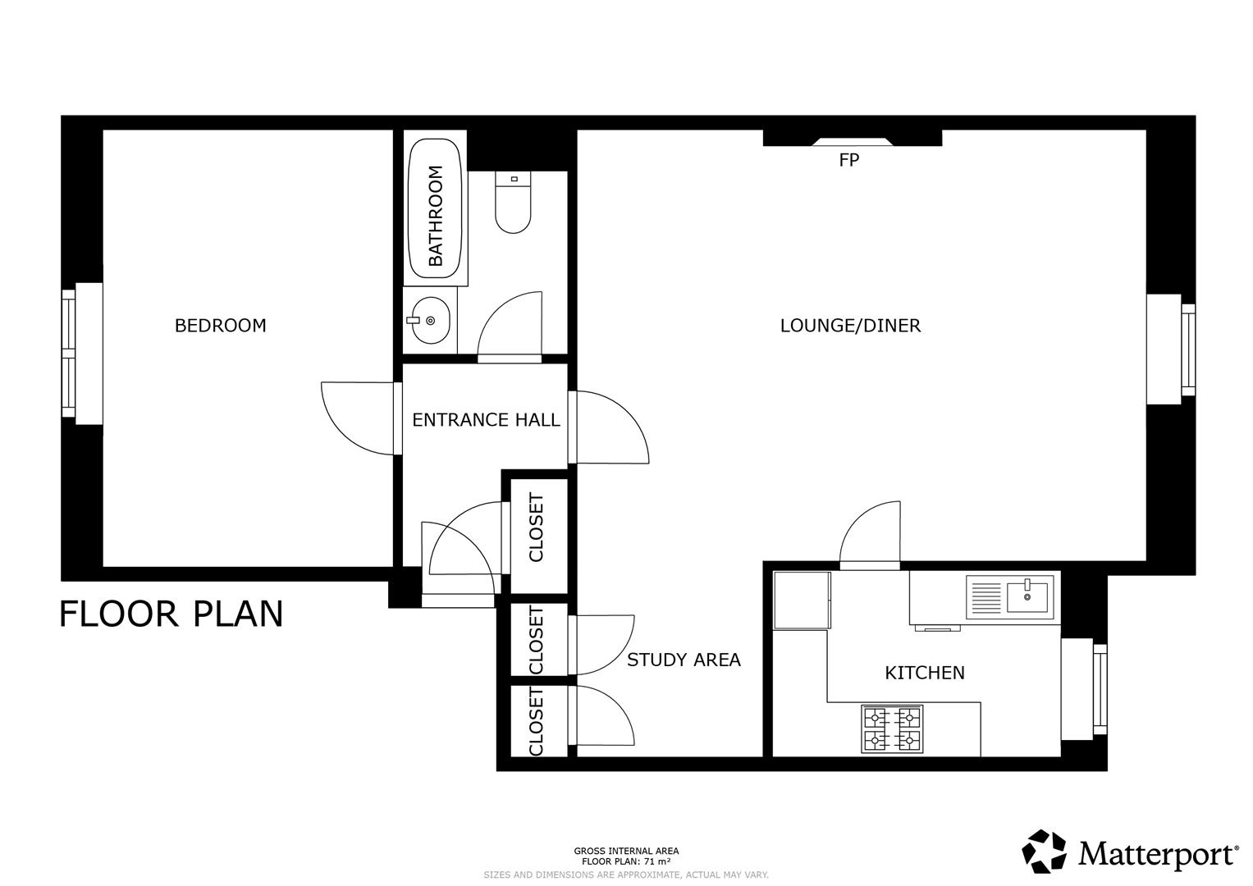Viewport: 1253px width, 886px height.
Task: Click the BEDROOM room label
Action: click(220, 326)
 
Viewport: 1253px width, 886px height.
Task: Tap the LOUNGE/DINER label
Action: click(850, 326)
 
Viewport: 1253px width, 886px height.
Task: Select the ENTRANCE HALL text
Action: click(486, 420)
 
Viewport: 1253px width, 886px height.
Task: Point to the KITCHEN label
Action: click(924, 673)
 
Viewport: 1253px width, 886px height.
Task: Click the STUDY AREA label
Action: click(684, 660)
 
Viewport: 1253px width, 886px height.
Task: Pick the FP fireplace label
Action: click(848, 161)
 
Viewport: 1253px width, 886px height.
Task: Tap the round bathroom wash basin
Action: click(430, 320)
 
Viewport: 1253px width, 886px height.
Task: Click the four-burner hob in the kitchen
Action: click(892, 729)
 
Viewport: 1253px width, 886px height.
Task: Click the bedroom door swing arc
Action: click(354, 417)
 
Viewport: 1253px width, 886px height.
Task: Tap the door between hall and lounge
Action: click(611, 427)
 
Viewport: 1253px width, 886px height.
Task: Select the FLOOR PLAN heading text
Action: click(171, 614)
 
